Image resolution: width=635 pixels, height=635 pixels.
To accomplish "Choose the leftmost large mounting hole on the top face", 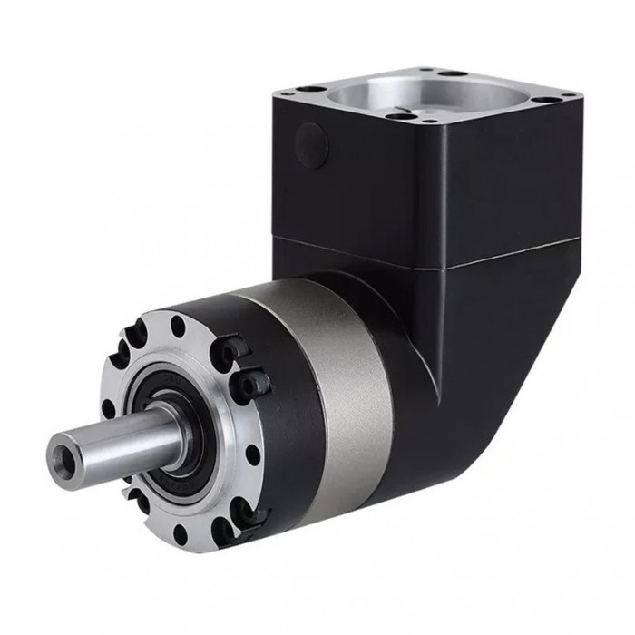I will click(x=311, y=90).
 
